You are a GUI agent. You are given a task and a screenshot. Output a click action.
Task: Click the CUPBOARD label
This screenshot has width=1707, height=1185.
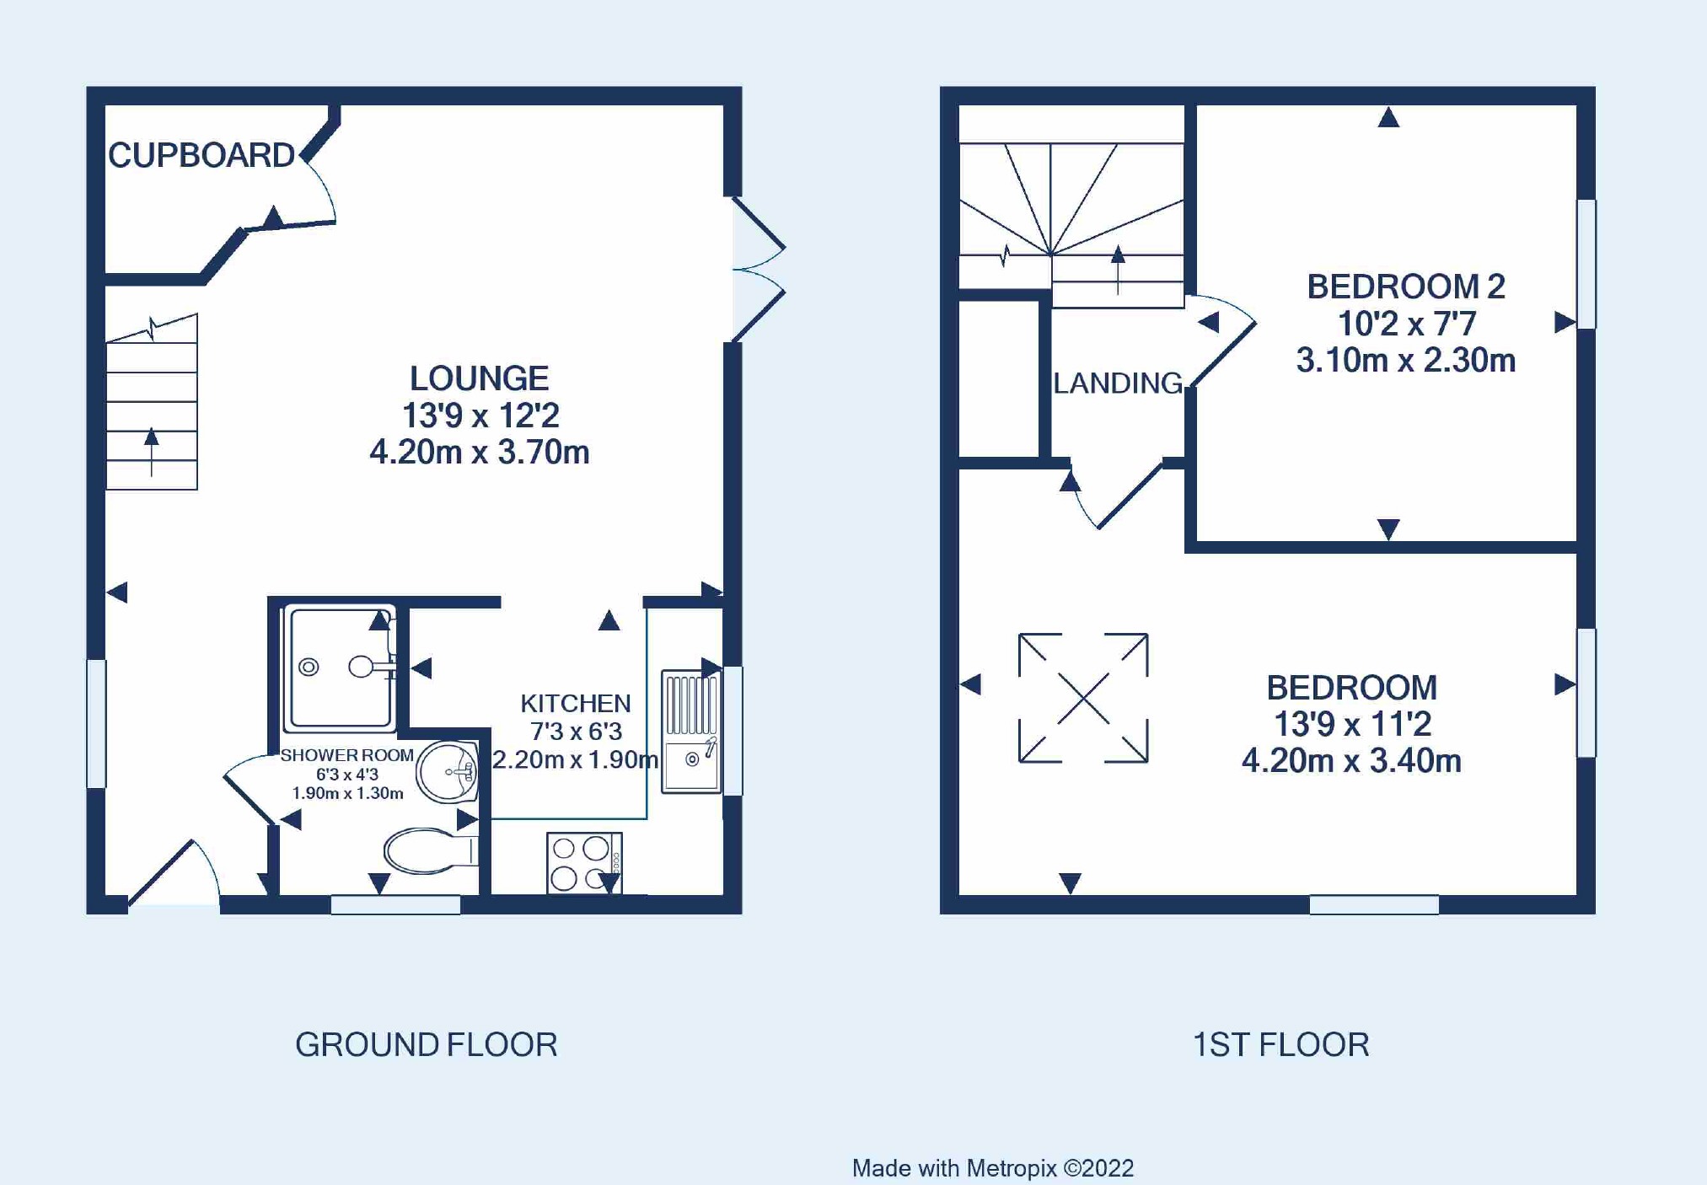coord(201,156)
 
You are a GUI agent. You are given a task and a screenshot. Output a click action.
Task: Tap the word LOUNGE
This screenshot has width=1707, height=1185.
coord(479,378)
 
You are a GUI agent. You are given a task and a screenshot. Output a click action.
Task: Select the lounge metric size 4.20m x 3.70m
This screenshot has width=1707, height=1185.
coord(479,453)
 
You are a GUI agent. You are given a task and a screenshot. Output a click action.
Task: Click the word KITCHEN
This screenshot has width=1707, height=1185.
coord(575,703)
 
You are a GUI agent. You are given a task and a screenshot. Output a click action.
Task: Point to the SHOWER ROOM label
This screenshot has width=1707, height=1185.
coord(346,755)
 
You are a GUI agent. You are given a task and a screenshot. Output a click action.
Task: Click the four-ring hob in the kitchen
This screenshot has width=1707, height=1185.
coord(584,863)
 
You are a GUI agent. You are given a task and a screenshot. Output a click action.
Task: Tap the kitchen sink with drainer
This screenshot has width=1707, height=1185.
coord(691,732)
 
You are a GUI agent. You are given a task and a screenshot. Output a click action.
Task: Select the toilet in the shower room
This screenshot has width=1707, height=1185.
coord(431,851)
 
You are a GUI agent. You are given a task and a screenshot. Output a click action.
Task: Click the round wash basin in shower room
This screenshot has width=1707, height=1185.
coord(448,771)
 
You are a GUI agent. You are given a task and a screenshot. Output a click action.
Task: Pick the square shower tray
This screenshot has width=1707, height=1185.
coord(340,668)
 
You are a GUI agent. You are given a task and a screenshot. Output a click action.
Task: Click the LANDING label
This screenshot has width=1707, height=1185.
coord(1118,383)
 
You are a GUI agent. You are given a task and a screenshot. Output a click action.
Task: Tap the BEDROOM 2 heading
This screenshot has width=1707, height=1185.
coord(1406,287)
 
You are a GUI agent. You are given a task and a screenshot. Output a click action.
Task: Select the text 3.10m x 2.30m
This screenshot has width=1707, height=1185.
coord(1406,361)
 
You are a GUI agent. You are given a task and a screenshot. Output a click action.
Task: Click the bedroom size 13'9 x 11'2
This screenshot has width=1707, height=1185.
coord(1351,724)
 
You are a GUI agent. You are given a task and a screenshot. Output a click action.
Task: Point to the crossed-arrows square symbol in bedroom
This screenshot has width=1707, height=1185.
coord(1083,698)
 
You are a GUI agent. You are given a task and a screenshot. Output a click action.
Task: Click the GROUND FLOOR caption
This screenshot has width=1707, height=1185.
coord(427,1045)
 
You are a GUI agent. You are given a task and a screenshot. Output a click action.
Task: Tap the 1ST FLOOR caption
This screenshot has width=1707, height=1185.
coord(1280,1045)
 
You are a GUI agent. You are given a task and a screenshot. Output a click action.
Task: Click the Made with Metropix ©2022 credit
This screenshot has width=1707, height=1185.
coord(992,1168)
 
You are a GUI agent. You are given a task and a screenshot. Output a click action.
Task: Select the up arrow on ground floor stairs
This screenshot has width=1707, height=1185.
coord(152,453)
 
